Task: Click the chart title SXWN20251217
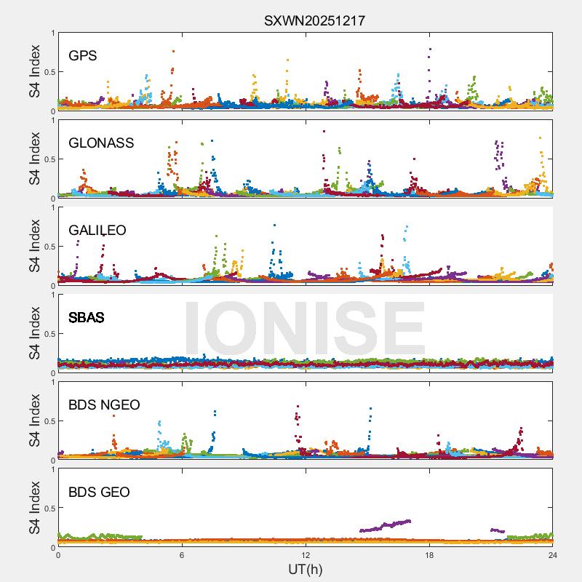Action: [x=314, y=20]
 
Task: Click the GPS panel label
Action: [x=83, y=56]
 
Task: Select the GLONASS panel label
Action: [x=101, y=143]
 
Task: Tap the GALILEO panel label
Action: [x=97, y=231]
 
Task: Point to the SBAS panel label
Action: [x=87, y=318]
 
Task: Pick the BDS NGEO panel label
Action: [x=104, y=405]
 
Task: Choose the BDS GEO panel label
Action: [x=99, y=493]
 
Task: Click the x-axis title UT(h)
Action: [x=306, y=569]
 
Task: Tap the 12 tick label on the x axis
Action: [x=306, y=555]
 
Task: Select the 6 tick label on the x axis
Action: [x=182, y=555]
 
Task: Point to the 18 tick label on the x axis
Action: [x=429, y=555]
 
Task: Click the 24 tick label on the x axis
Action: [x=553, y=555]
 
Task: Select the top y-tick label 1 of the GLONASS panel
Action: [x=52, y=121]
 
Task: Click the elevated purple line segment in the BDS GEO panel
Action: [x=386, y=525]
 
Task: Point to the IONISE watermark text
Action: [x=304, y=329]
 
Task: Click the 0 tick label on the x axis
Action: [x=58, y=555]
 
